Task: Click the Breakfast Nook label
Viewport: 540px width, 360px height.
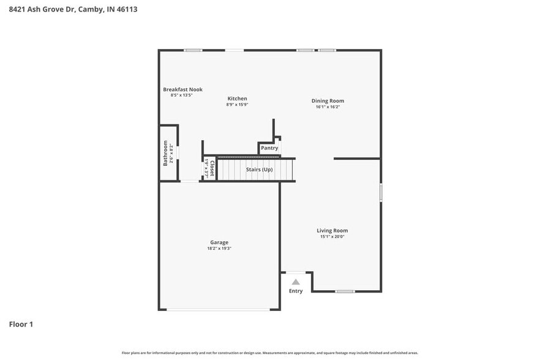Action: click(182, 89)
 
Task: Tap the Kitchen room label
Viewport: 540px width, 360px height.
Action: click(237, 99)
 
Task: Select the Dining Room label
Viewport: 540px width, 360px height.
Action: click(328, 101)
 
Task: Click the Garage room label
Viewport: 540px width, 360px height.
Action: click(219, 242)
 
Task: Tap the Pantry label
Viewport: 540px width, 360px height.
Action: click(269, 148)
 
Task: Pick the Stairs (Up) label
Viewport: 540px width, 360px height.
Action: click(259, 170)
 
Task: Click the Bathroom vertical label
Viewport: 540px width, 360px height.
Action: click(165, 153)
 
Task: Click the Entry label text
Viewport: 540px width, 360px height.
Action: click(296, 291)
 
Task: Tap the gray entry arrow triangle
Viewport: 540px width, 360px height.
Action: click(296, 282)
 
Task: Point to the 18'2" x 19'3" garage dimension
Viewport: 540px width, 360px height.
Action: click(219, 249)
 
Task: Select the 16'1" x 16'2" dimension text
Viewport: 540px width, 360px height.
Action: click(328, 107)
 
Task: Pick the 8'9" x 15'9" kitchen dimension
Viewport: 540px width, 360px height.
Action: click(237, 105)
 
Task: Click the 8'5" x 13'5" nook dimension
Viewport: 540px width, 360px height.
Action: click(181, 96)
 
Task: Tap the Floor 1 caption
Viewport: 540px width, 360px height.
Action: click(21, 324)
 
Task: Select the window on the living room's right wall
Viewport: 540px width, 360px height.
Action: click(381, 192)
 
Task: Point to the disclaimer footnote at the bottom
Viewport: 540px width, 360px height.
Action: click(269, 353)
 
